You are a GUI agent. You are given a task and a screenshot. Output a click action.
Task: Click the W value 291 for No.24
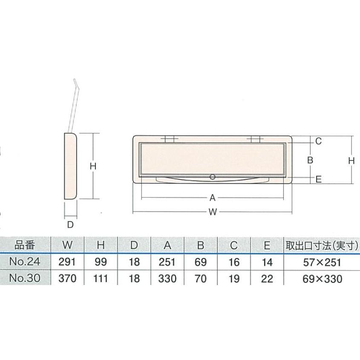click(x=67, y=262)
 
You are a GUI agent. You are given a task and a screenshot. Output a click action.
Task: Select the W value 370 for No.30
click(x=67, y=279)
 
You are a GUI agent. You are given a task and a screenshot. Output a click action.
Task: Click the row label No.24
click(x=25, y=262)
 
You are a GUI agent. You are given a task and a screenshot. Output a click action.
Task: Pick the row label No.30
click(x=25, y=279)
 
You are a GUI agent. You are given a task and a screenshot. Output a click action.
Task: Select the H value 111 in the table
click(x=101, y=279)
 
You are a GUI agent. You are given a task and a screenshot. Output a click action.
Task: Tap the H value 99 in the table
click(x=101, y=262)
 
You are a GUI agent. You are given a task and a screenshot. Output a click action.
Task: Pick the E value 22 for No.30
click(x=267, y=279)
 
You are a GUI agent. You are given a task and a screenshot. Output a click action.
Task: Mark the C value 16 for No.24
click(x=234, y=262)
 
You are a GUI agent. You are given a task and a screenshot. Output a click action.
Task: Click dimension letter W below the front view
click(x=212, y=212)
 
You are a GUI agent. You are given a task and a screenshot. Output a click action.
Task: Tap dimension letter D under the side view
click(x=71, y=224)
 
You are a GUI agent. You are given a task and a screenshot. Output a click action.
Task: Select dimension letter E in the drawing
click(x=318, y=179)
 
